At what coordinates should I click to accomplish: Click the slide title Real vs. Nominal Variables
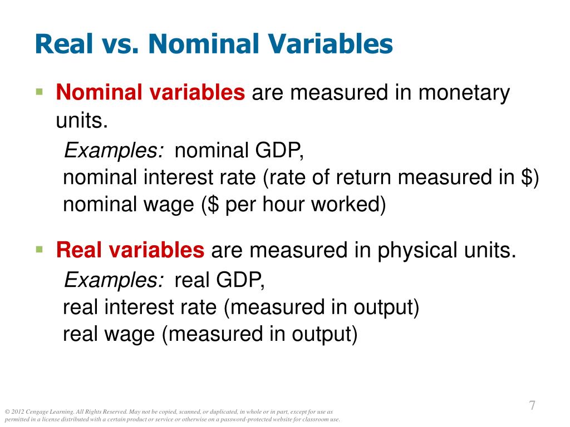click(214, 44)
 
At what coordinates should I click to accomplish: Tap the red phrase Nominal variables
click(150, 93)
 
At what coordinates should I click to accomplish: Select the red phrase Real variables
click(130, 251)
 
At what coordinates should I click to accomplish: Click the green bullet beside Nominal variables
click(39, 91)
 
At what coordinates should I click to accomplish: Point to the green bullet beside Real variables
click(39, 249)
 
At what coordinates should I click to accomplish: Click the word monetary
click(464, 93)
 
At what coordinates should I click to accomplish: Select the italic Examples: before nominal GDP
click(114, 150)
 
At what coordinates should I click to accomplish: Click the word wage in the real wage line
click(134, 335)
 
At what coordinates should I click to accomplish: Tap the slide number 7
click(532, 405)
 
